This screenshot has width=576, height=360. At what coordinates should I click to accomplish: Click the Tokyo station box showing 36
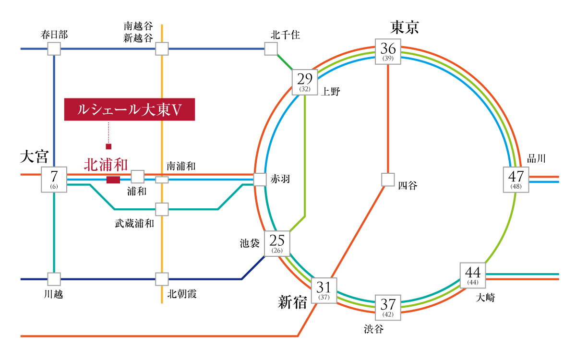(388, 51)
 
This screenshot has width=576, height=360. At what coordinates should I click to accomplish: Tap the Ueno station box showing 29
(305, 82)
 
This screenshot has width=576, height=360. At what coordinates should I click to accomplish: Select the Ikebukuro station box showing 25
(277, 243)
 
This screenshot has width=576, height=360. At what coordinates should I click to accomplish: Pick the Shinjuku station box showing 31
(324, 290)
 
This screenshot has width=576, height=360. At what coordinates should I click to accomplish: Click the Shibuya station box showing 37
(388, 308)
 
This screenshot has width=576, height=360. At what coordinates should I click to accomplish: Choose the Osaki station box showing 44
(473, 276)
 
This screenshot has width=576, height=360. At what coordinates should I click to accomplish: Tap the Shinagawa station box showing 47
(516, 180)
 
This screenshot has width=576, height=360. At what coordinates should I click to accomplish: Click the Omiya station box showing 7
(54, 180)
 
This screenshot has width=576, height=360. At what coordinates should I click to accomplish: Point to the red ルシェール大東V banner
(129, 109)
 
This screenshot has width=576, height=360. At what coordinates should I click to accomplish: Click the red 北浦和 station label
(106, 165)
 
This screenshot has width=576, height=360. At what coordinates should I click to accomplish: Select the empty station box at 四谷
(388, 180)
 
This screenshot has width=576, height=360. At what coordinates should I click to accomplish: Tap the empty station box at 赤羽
(260, 180)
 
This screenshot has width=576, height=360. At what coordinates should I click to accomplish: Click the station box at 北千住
(271, 48)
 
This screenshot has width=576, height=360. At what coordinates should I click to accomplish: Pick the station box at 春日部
(54, 48)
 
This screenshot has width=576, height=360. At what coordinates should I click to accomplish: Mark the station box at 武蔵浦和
(162, 209)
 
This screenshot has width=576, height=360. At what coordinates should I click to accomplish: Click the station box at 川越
(54, 279)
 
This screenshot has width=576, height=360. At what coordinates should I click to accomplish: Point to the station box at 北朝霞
(162, 279)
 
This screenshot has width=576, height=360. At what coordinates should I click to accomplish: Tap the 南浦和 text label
(181, 167)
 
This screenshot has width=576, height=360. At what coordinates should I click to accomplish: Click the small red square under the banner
(108, 146)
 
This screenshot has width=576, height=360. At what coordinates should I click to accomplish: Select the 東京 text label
(405, 27)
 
